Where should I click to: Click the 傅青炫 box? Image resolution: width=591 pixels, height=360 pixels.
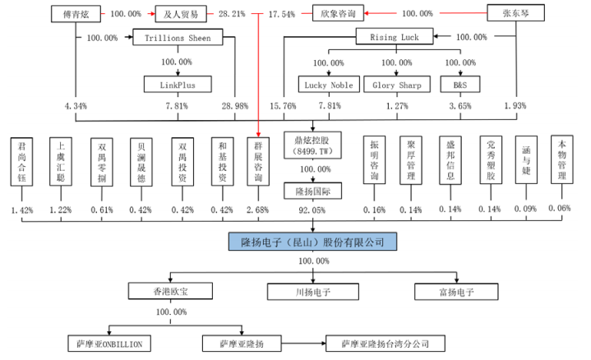[75, 14]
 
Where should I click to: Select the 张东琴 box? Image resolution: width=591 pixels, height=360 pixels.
[516, 14]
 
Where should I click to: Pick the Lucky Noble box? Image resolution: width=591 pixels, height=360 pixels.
[327, 84]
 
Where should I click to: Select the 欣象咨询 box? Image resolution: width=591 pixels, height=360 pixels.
[337, 14]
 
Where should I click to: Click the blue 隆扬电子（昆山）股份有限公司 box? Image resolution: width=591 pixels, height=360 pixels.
[312, 241]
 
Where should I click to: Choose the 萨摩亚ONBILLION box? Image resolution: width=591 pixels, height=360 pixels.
[113, 344]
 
